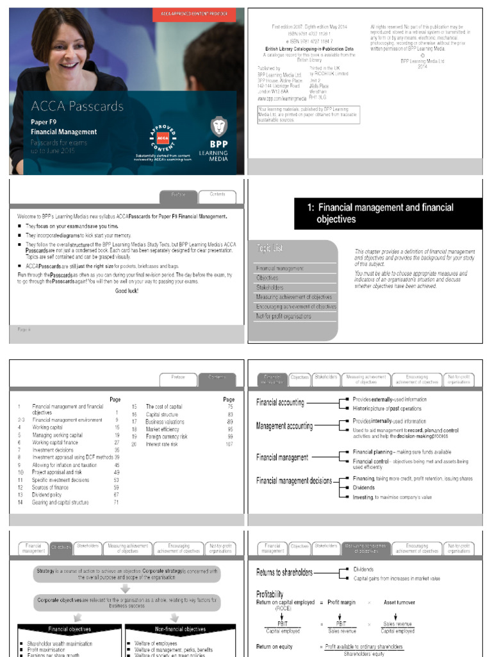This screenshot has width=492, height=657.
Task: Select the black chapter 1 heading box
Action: tap(388, 213)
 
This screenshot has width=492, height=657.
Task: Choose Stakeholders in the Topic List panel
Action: tap(270, 287)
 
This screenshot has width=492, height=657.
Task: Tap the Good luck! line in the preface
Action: tap(126, 291)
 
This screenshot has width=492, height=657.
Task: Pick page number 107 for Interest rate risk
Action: tap(229, 444)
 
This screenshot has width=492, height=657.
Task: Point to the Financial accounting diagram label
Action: tap(280, 403)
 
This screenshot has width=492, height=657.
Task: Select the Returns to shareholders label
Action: tap(284, 572)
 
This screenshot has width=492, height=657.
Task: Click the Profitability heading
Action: tap(270, 594)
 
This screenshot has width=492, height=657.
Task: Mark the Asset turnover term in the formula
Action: tap(399, 602)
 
